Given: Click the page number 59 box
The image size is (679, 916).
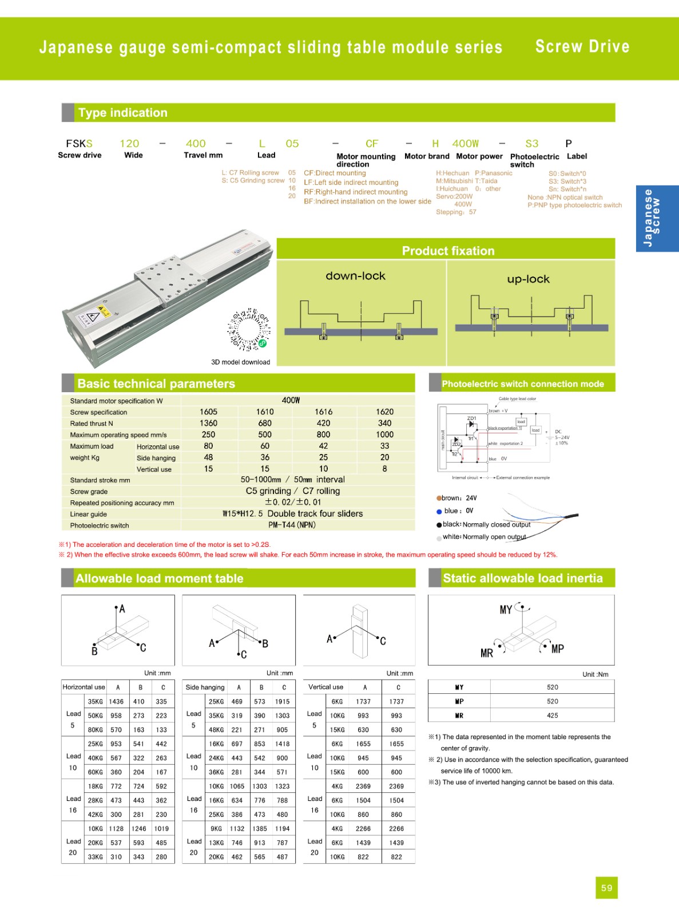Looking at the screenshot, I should (606, 888).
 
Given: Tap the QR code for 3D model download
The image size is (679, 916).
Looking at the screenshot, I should (249, 330).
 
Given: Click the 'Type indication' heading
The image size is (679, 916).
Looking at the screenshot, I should (123, 113).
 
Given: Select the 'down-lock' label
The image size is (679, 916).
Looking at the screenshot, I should (355, 276).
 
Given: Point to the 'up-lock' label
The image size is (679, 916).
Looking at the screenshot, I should (528, 279).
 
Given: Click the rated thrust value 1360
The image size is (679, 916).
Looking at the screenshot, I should (208, 423).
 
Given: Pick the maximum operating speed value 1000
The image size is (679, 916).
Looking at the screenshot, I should (384, 435).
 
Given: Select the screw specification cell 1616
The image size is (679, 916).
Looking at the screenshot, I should (323, 412).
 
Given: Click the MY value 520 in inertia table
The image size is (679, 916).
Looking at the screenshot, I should (552, 687).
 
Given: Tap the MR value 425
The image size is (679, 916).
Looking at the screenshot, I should (552, 716).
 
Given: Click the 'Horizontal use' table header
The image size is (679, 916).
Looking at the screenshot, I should (84, 687).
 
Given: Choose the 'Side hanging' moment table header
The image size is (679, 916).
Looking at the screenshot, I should (205, 687).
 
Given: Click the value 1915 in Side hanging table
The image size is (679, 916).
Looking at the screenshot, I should (282, 701).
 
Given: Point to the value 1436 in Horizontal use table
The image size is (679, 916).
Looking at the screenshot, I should (116, 701).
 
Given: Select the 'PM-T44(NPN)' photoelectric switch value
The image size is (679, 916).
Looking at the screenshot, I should (292, 525).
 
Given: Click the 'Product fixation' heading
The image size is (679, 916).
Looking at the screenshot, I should (448, 251).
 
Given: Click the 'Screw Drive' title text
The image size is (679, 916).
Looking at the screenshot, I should (582, 47).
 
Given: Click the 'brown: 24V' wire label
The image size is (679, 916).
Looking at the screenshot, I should (458, 498).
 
